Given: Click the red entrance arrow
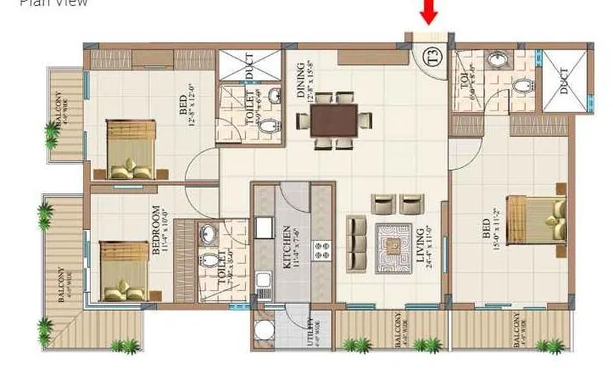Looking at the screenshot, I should [430, 12].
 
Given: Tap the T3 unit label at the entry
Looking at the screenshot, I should [432, 59].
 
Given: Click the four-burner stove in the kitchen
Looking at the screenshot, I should [322, 250].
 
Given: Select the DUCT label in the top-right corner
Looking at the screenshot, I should [565, 81].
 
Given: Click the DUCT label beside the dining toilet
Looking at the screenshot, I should [249, 68].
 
